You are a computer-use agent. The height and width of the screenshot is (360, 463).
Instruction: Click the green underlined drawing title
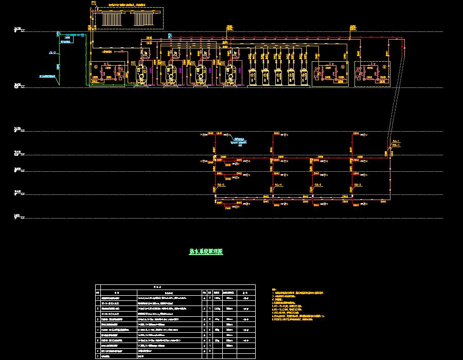[206, 252]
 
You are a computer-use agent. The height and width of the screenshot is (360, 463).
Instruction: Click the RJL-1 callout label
[396, 141]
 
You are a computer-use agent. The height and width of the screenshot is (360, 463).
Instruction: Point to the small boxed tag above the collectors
[93, 3]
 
